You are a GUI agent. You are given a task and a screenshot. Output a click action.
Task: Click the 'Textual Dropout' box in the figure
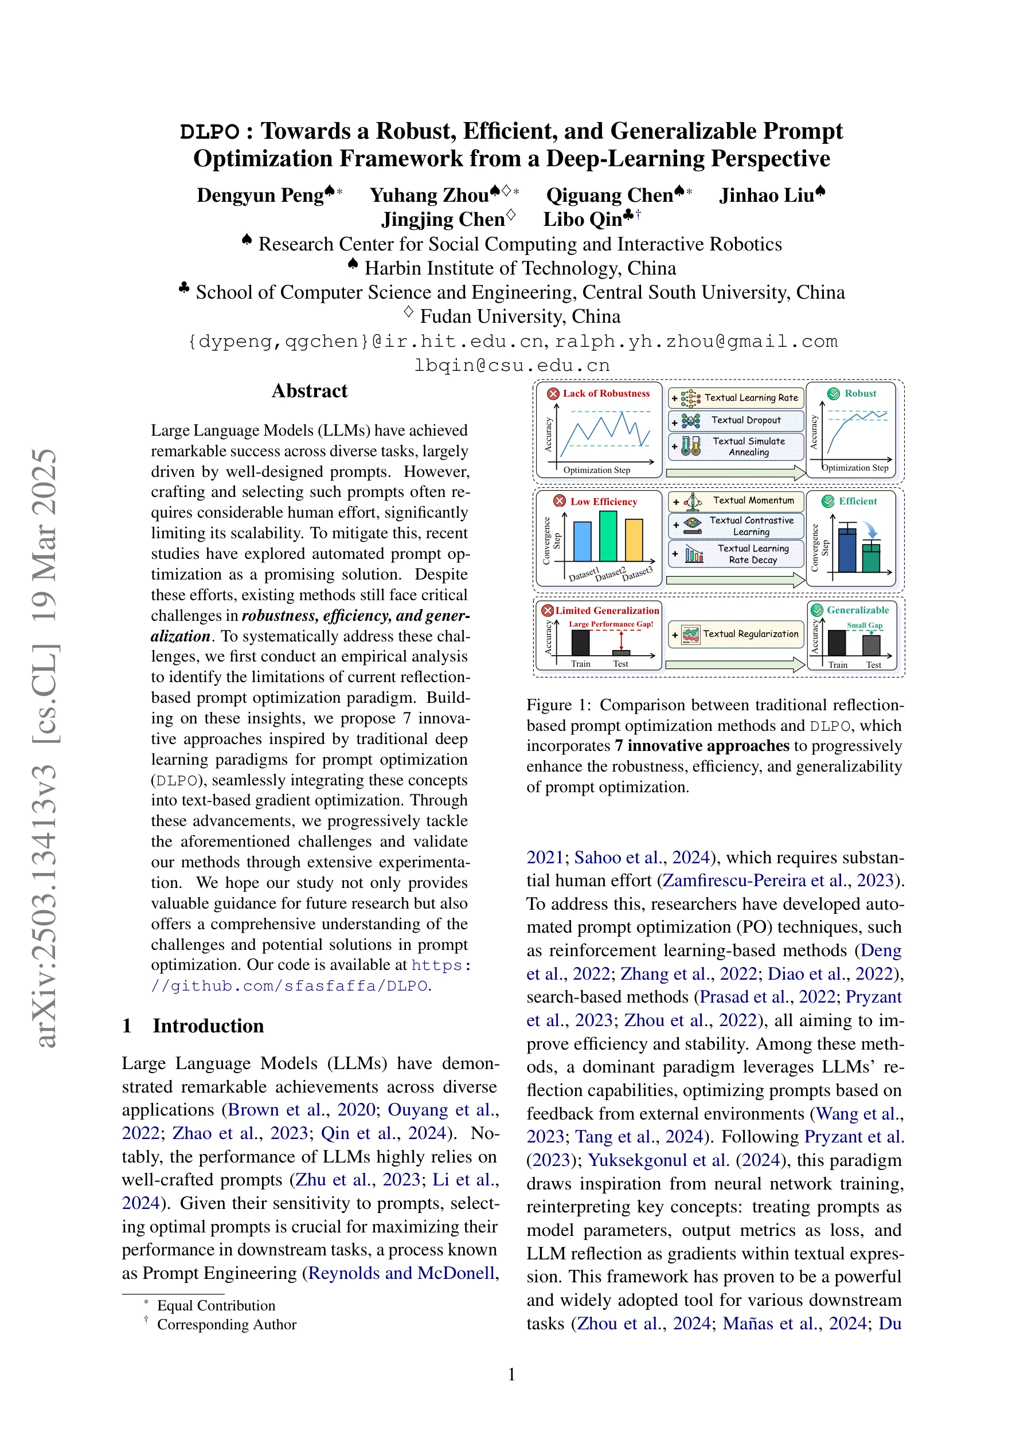tap(736, 420)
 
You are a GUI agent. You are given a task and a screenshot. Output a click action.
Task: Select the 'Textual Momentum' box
tap(736, 501)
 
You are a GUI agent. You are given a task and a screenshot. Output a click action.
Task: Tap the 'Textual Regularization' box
tap(736, 635)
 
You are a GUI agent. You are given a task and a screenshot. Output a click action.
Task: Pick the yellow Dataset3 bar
tap(634, 540)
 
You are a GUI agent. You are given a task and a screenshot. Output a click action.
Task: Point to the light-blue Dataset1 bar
tap(583, 542)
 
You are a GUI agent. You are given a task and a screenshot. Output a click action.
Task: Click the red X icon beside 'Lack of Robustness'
tap(553, 394)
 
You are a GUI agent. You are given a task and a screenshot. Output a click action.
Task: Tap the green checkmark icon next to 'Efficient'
tap(828, 502)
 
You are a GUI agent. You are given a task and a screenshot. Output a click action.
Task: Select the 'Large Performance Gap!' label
tap(611, 624)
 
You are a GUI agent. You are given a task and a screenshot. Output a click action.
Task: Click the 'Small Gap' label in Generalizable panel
tap(865, 625)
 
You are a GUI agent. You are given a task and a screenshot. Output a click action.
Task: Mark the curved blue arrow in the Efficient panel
tap(871, 530)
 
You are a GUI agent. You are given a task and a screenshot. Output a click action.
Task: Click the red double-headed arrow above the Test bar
tap(622, 640)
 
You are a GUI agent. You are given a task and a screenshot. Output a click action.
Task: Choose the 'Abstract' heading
tap(309, 391)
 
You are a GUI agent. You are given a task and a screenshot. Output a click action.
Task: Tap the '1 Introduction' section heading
tap(193, 1026)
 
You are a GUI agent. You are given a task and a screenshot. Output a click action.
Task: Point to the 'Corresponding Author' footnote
tap(226, 1324)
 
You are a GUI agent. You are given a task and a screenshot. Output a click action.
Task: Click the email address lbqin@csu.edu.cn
tap(511, 365)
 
